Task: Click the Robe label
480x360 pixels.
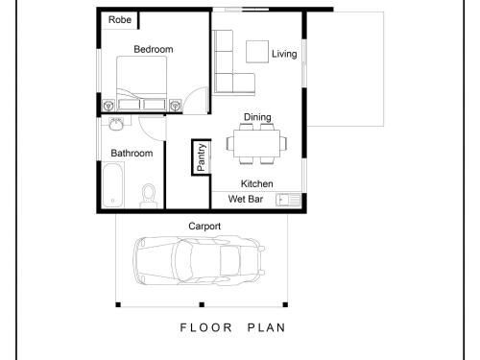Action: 120,20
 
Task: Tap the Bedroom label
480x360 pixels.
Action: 154,49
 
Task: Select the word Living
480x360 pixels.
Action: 284,54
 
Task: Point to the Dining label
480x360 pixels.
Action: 257,117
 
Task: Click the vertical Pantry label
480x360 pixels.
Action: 202,157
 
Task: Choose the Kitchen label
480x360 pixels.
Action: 256,183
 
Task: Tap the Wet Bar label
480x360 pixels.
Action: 246,199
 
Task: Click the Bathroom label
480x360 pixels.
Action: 132,154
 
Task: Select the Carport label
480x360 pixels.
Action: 204,227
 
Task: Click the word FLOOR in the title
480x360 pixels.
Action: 205,327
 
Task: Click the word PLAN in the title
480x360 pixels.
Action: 266,327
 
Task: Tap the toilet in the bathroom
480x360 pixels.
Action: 149,196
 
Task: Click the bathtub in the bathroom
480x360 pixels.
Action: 113,185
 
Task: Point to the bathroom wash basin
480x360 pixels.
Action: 116,124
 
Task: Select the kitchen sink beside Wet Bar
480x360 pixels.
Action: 288,200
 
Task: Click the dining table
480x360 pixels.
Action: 256,143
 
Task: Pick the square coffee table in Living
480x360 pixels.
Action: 257,52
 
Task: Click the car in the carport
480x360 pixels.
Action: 199,261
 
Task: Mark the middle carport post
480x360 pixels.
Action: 202,304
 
